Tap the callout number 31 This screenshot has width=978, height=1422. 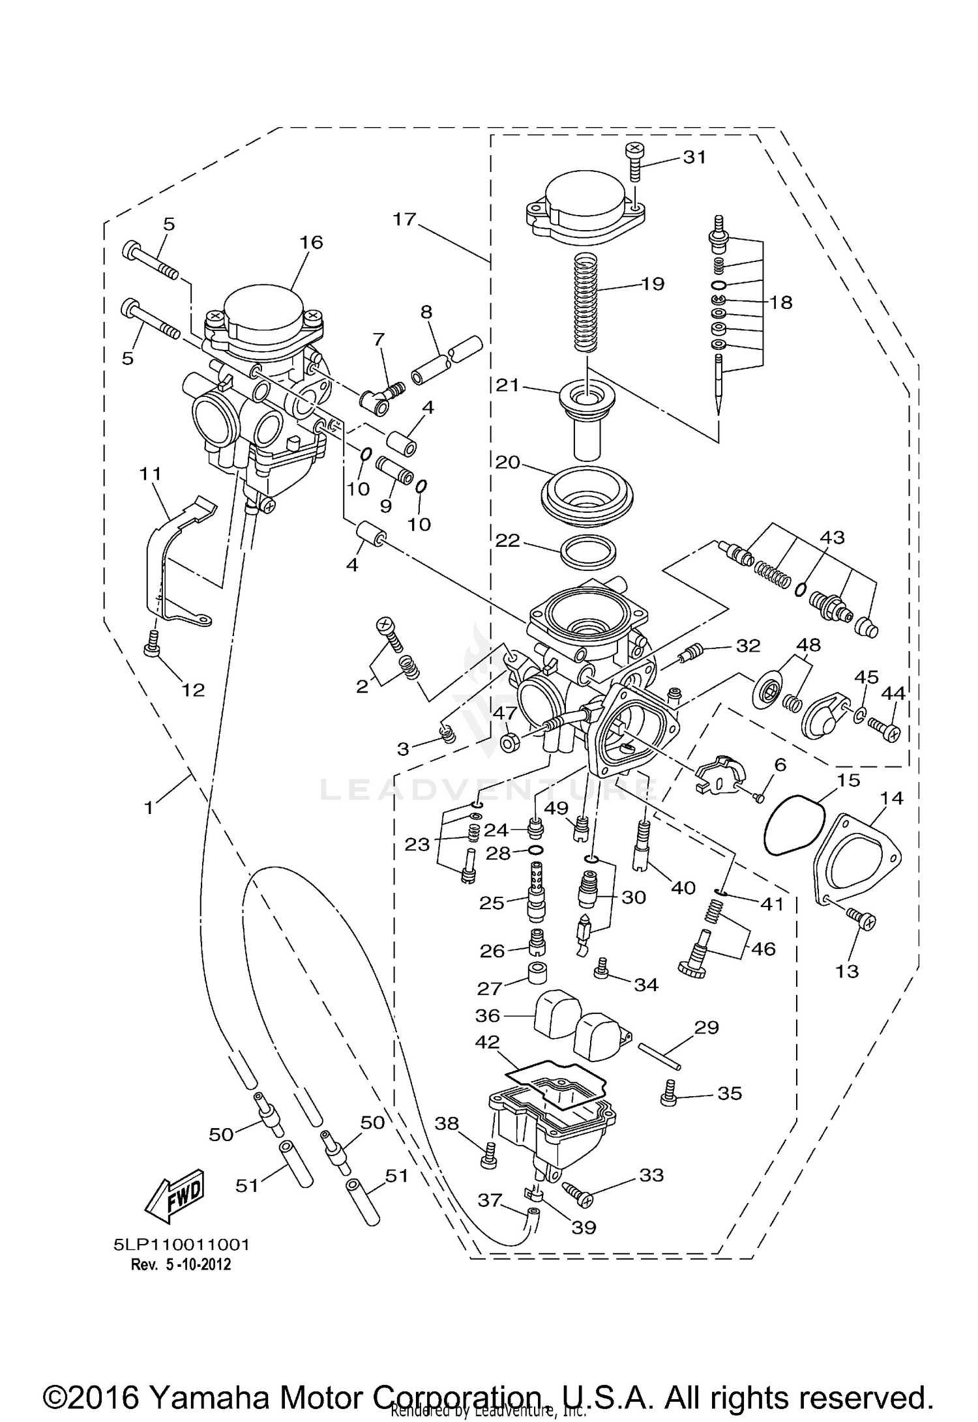[694, 157]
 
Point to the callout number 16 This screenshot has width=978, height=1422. [311, 242]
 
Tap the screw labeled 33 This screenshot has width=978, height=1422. [575, 1193]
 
